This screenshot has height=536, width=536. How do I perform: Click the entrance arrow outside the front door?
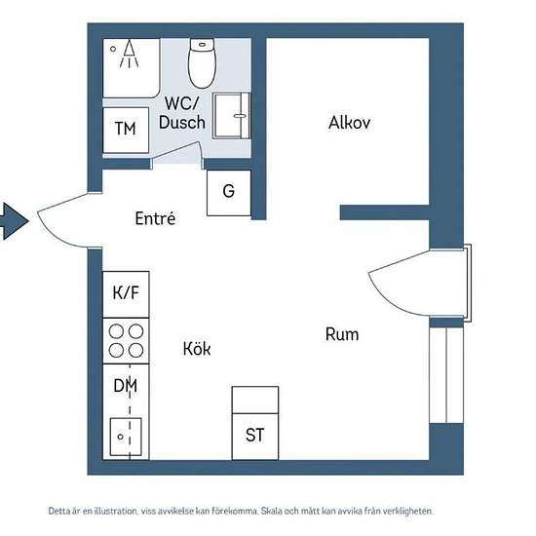click(14, 221)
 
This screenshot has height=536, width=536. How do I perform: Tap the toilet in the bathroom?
click(202, 63)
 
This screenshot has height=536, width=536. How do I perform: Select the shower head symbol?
click(129, 54)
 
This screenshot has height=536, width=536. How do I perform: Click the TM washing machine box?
click(126, 130)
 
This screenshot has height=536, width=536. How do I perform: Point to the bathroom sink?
click(231, 116)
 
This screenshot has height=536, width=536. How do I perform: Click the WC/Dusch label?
click(182, 113)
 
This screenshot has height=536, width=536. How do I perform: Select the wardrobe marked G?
click(229, 193)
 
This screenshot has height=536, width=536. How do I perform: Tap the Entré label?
click(155, 218)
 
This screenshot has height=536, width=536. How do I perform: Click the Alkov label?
click(349, 123)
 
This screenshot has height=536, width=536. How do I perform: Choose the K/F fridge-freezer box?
click(126, 294)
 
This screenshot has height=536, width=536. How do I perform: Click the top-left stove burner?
click(116, 331)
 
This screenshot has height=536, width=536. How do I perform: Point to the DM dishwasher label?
click(126, 386)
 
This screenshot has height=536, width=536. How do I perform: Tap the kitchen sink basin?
click(126, 437)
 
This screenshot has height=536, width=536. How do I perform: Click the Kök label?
click(197, 349)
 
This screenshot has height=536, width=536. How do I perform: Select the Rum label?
click(342, 334)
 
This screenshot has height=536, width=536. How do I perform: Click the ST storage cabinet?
click(255, 423)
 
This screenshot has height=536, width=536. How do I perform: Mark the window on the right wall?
click(446, 375)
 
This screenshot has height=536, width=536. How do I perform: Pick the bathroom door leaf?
click(175, 150)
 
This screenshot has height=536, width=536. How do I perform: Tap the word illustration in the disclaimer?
click(116, 511)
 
